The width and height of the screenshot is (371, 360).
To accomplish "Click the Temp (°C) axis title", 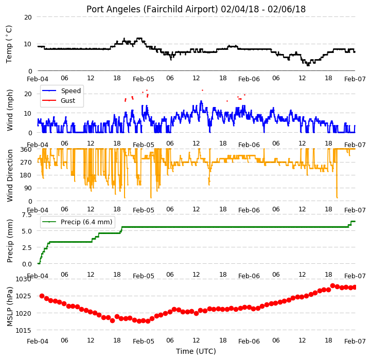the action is coord(9,44).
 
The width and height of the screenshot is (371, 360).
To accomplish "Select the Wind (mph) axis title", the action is coord(9,110).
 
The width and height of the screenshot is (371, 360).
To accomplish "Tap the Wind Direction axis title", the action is coord(9,175).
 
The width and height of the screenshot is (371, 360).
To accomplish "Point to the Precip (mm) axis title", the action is coord(9,241).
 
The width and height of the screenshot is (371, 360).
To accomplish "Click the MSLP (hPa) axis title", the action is coord(9,307).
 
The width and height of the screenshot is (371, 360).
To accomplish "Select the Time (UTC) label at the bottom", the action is coord(196,351).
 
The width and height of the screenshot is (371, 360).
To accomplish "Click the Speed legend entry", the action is coord(70,91).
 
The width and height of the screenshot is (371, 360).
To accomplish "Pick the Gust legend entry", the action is coord(68,100).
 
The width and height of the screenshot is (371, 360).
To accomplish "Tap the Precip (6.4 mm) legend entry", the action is coord(86,222).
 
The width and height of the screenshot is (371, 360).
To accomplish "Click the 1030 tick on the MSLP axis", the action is coord(24,279).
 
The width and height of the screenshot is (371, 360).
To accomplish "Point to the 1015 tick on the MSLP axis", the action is coord(24,331).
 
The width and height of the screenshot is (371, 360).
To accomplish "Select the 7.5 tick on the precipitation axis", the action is coord(27,215).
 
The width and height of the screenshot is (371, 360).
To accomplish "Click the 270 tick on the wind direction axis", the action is coord(27,163).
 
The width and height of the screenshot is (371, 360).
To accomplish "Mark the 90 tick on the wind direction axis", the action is coord(28,188).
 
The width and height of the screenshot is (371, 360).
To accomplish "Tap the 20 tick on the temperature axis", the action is coord(28,17).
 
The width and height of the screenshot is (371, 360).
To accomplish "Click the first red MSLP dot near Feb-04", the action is coord(42,296).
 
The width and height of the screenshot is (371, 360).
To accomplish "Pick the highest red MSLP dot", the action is coord(332,286).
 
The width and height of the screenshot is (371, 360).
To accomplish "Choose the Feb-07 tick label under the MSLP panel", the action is coord(355,341).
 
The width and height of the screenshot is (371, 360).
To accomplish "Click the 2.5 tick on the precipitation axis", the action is coord(27,247).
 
